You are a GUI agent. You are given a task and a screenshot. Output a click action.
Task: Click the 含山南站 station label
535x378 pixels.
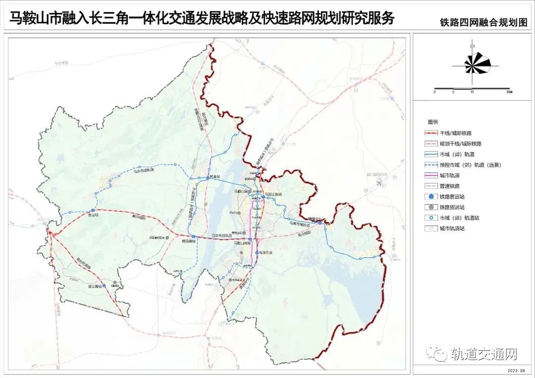94,286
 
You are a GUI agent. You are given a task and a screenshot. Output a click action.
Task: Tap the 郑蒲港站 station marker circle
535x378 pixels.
194,237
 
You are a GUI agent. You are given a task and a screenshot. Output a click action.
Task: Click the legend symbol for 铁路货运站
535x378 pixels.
431,207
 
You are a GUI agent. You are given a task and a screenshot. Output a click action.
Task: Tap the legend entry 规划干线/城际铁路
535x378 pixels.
460,143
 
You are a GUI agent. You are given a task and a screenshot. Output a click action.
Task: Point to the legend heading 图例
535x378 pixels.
432,122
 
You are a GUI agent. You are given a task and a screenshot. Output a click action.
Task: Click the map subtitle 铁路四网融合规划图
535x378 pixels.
483,23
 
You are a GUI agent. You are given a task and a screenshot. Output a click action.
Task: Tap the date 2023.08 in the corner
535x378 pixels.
519,369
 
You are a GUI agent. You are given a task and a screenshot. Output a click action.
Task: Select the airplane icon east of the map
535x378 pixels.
379,183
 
